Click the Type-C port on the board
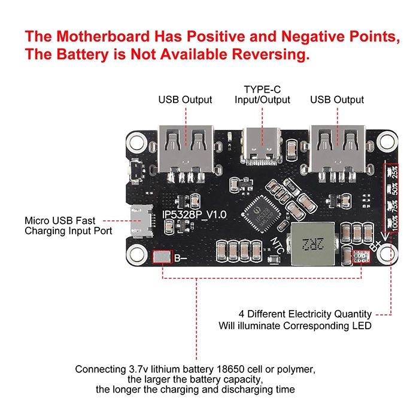coord(262,146)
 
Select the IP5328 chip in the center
coord(261,213)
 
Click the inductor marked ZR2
coord(313,244)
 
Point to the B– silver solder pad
coord(162,257)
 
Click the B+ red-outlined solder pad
coord(362,257)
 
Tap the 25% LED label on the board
coord(394,172)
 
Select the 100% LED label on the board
coord(395,223)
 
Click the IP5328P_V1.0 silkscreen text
coord(195,214)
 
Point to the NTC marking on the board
coord(277,245)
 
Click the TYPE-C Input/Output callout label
coord(262,95)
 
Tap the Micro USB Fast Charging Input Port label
coord(68,226)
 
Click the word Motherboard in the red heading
coord(104,36)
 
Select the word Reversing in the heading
coord(271,54)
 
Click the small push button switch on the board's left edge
coord(137,169)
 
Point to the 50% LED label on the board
coord(394,189)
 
